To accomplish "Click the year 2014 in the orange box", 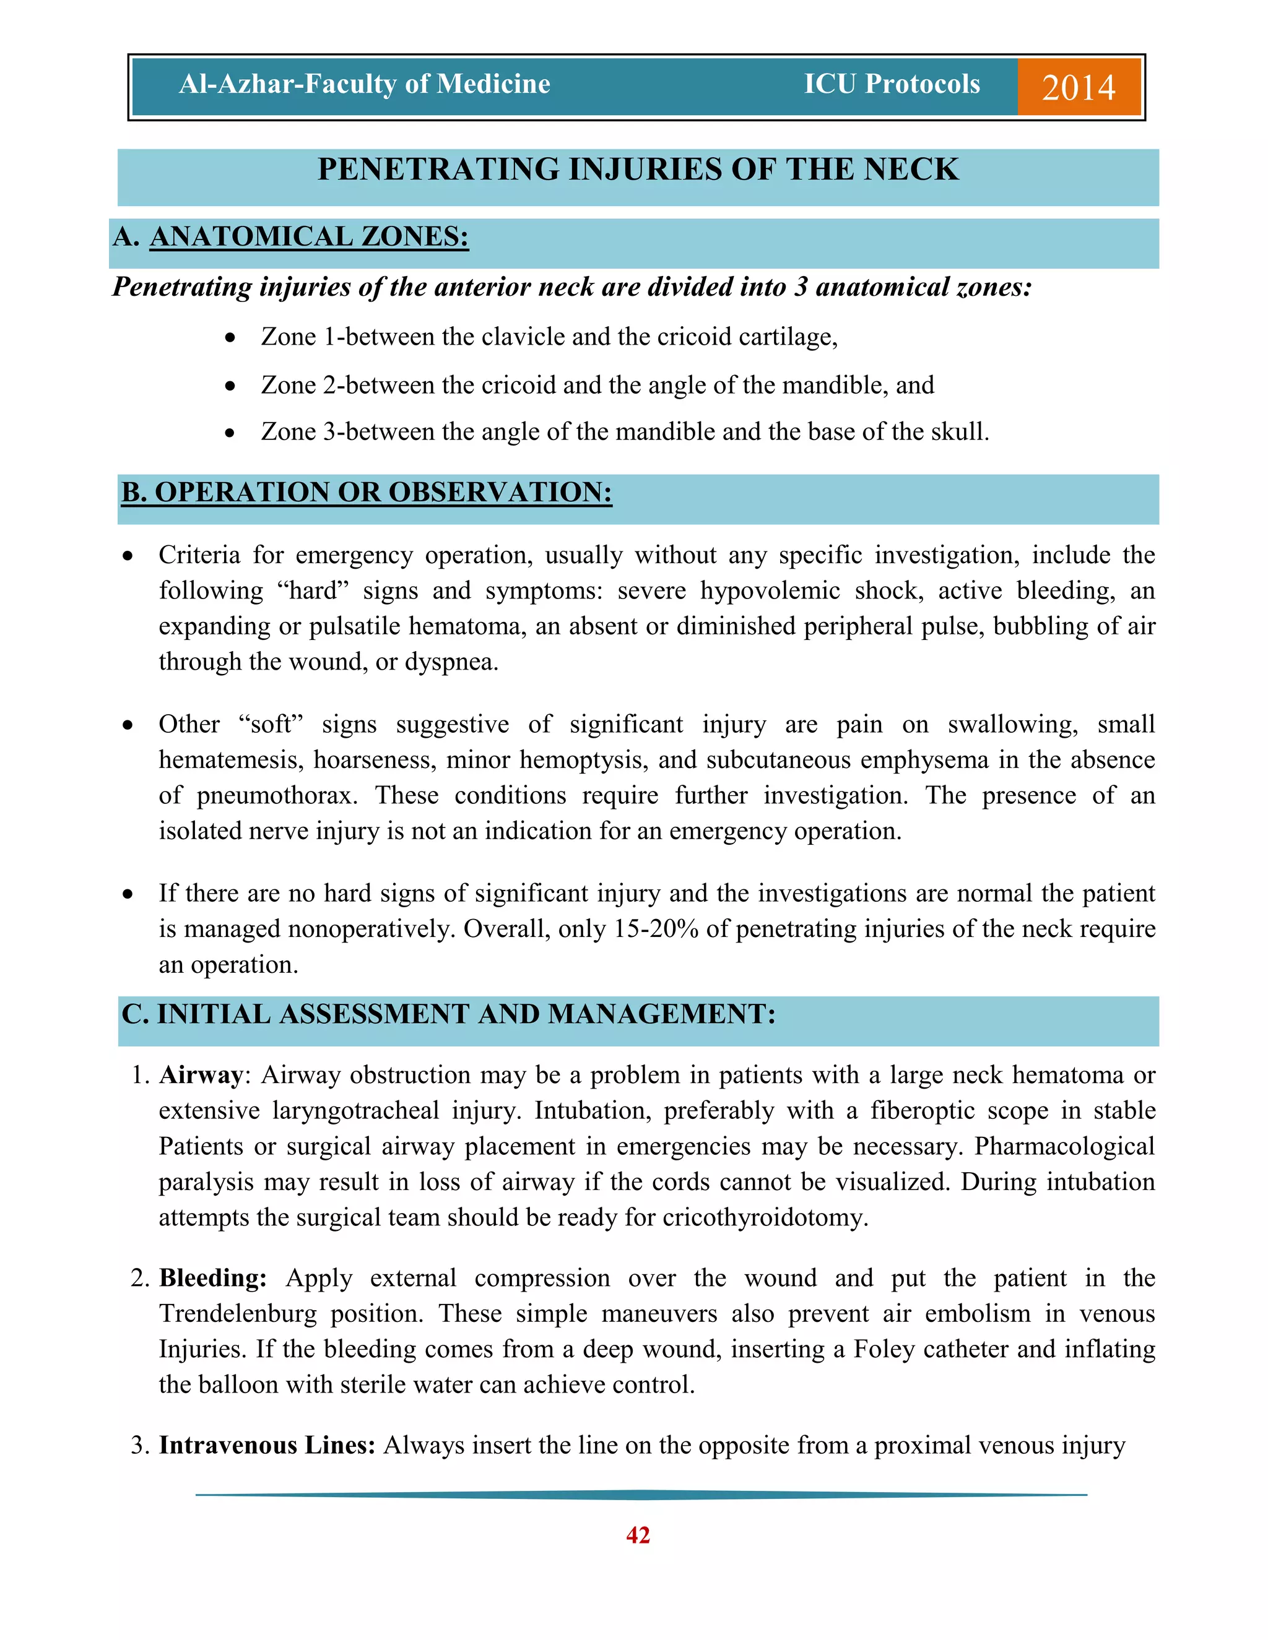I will pyautogui.click(x=1078, y=88).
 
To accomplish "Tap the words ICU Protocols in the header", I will pyautogui.click(x=892, y=84).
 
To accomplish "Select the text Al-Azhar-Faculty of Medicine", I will pyautogui.click(x=364, y=84).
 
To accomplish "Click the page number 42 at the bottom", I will pyautogui.click(x=638, y=1535).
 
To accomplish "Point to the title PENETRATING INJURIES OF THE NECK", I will pyautogui.click(x=638, y=170).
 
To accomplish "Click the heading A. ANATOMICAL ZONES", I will pyautogui.click(x=292, y=237).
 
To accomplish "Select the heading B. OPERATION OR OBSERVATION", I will pyautogui.click(x=367, y=493).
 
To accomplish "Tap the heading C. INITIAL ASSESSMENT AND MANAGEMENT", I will pyautogui.click(x=448, y=1014).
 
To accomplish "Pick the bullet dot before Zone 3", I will pyautogui.click(x=230, y=433).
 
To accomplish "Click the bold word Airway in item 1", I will pyautogui.click(x=201, y=1076).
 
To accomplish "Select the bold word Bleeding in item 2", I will pyautogui.click(x=212, y=1278).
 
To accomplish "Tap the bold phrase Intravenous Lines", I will pyautogui.click(x=267, y=1446).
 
